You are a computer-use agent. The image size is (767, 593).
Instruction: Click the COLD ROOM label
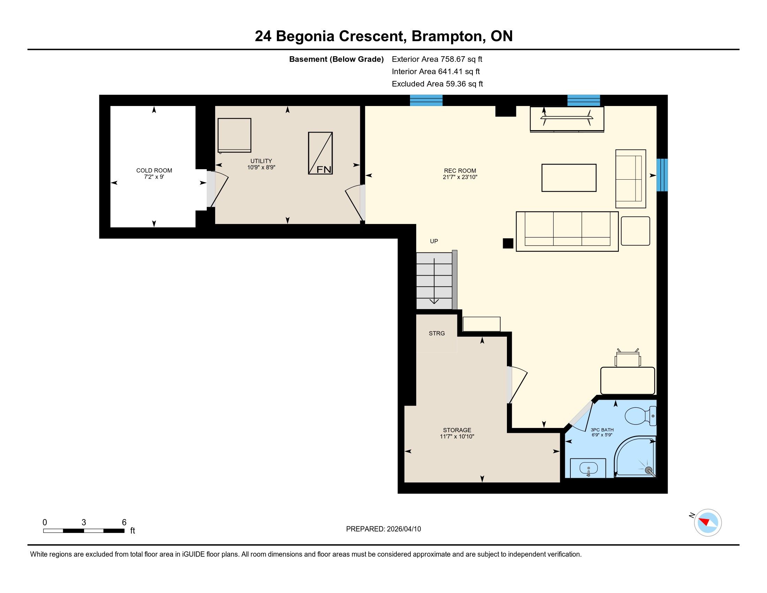(154, 170)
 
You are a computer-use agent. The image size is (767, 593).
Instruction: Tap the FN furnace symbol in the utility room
(320, 153)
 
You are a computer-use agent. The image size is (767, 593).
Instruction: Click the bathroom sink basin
(588, 468)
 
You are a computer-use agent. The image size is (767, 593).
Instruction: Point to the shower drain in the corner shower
(648, 470)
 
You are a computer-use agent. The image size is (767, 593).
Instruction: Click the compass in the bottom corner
(708, 523)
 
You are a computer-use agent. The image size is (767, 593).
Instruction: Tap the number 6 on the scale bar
(124, 523)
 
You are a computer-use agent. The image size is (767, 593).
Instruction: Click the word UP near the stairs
(434, 241)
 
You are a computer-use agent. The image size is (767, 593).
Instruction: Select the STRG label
(437, 333)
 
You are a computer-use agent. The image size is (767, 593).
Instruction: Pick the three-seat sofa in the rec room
(567, 231)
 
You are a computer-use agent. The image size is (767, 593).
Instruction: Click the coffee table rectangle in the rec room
(569, 178)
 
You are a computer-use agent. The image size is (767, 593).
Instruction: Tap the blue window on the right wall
(662, 175)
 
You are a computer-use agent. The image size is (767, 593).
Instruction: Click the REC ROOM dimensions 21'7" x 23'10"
(460, 178)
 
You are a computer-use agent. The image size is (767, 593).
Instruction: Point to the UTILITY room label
(261, 161)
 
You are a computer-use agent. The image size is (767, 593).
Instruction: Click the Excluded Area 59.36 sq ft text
(438, 84)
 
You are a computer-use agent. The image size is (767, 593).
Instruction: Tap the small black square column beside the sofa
(508, 243)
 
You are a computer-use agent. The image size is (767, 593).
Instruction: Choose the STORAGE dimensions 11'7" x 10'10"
(457, 437)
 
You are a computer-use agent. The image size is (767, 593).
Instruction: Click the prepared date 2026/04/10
(403, 529)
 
